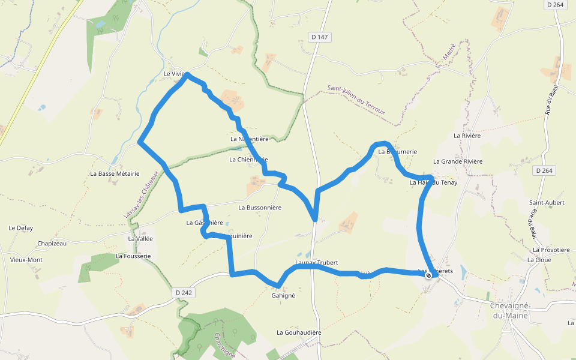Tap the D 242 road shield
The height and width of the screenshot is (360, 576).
click(184, 293)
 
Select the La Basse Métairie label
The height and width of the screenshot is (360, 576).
click(115, 173)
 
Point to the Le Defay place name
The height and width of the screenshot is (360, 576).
click(20, 228)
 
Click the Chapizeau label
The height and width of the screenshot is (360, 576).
click(52, 244)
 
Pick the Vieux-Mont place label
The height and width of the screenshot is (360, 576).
click(26, 260)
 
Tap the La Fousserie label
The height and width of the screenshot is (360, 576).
click(133, 256)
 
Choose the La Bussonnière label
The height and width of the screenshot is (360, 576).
click(260, 208)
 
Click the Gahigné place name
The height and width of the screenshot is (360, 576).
click(283, 296)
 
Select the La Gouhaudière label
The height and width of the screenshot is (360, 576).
click(299, 332)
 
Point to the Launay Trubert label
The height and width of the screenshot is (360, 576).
click(317, 263)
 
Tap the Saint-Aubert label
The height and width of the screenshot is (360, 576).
click(547, 203)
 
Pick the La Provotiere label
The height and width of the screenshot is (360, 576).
click(551, 250)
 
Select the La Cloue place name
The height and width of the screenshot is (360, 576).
click(539, 260)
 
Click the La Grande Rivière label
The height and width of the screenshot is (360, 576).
click(458, 161)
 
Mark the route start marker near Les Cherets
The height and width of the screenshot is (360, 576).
click(428, 275)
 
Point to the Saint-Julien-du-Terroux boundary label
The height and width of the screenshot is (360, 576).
click(356, 100)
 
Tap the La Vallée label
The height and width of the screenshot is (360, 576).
click(140, 238)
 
